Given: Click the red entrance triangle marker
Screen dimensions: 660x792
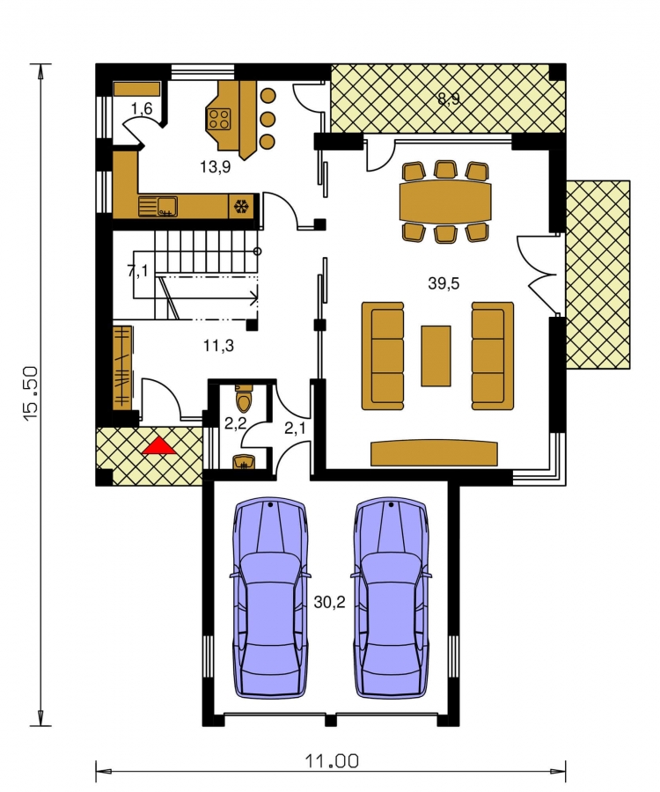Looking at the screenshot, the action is [x=159, y=446].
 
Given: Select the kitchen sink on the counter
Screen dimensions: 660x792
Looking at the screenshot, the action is [x=158, y=206].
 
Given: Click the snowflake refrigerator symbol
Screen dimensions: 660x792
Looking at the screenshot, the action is [x=241, y=207].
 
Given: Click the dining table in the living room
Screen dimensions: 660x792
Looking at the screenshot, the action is [x=445, y=201].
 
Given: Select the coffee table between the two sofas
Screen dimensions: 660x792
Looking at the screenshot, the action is [x=436, y=356].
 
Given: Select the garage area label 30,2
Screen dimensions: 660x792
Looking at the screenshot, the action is [x=330, y=602].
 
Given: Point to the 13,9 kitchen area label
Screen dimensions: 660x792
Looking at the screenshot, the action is [x=215, y=166].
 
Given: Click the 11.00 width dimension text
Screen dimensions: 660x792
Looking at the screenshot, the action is [x=332, y=760].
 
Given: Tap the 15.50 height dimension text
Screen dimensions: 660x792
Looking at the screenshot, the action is [x=30, y=393].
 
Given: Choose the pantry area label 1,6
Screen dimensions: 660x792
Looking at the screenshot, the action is [x=142, y=108].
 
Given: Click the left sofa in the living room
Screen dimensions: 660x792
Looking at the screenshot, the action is [x=383, y=356].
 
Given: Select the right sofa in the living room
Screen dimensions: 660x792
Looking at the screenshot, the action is [x=493, y=356].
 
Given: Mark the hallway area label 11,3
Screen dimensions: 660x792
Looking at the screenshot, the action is [x=218, y=346].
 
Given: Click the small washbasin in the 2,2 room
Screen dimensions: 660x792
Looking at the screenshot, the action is [x=245, y=463].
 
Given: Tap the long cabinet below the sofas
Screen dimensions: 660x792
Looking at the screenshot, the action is [x=434, y=453].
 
